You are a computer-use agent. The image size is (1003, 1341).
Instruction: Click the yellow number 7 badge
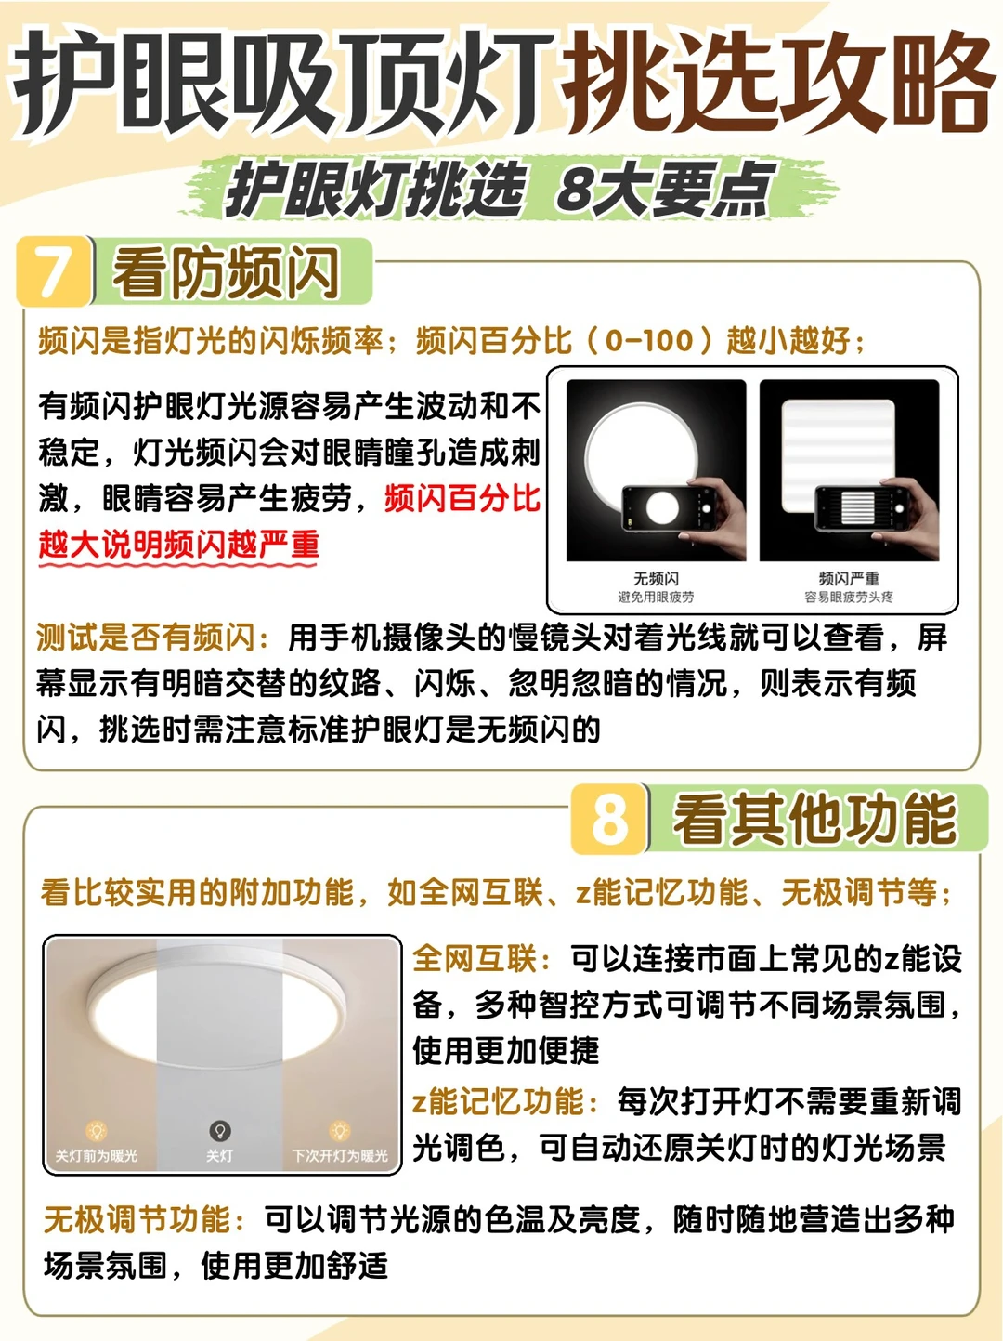(55, 271)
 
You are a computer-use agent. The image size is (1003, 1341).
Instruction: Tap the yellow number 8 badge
(608, 819)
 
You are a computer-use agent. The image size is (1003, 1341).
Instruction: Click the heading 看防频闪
(226, 272)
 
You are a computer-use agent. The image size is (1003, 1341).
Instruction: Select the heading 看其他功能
(815, 820)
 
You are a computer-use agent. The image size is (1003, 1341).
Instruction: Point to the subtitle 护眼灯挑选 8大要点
(501, 188)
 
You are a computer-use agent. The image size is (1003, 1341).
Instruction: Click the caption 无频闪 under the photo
(656, 578)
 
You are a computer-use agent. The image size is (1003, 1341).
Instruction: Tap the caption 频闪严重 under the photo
(849, 578)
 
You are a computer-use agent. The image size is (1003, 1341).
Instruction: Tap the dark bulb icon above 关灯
(220, 1131)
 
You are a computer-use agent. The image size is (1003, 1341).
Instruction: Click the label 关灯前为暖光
(97, 1155)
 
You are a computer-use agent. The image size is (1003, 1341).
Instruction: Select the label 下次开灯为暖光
(340, 1155)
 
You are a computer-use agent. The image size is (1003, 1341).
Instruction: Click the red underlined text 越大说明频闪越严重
(179, 545)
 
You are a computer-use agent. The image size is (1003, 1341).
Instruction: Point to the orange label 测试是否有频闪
(152, 638)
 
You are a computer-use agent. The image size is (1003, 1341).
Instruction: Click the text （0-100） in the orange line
(648, 340)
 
